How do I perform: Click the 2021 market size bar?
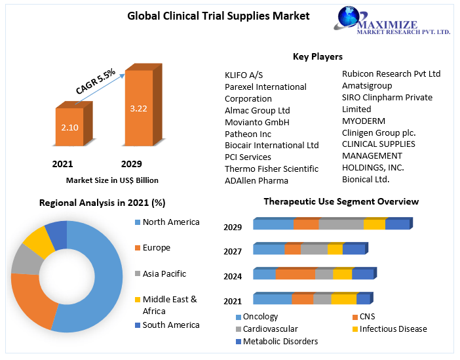(x=69, y=127)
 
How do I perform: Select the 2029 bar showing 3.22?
(x=138, y=108)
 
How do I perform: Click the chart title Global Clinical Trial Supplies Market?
(x=218, y=16)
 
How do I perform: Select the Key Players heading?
(x=317, y=56)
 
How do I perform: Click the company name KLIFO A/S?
(x=244, y=75)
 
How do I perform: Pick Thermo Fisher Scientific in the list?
(x=271, y=169)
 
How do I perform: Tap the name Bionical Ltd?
(x=366, y=179)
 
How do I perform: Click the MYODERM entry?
(x=364, y=121)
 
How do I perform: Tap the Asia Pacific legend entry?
(x=164, y=273)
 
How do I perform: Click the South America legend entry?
(x=170, y=325)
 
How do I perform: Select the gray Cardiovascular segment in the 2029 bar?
(x=341, y=225)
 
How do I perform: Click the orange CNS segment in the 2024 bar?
(x=296, y=274)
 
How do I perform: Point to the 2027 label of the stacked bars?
(x=233, y=251)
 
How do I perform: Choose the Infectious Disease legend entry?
(x=393, y=329)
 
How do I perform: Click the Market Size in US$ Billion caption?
(x=112, y=180)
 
